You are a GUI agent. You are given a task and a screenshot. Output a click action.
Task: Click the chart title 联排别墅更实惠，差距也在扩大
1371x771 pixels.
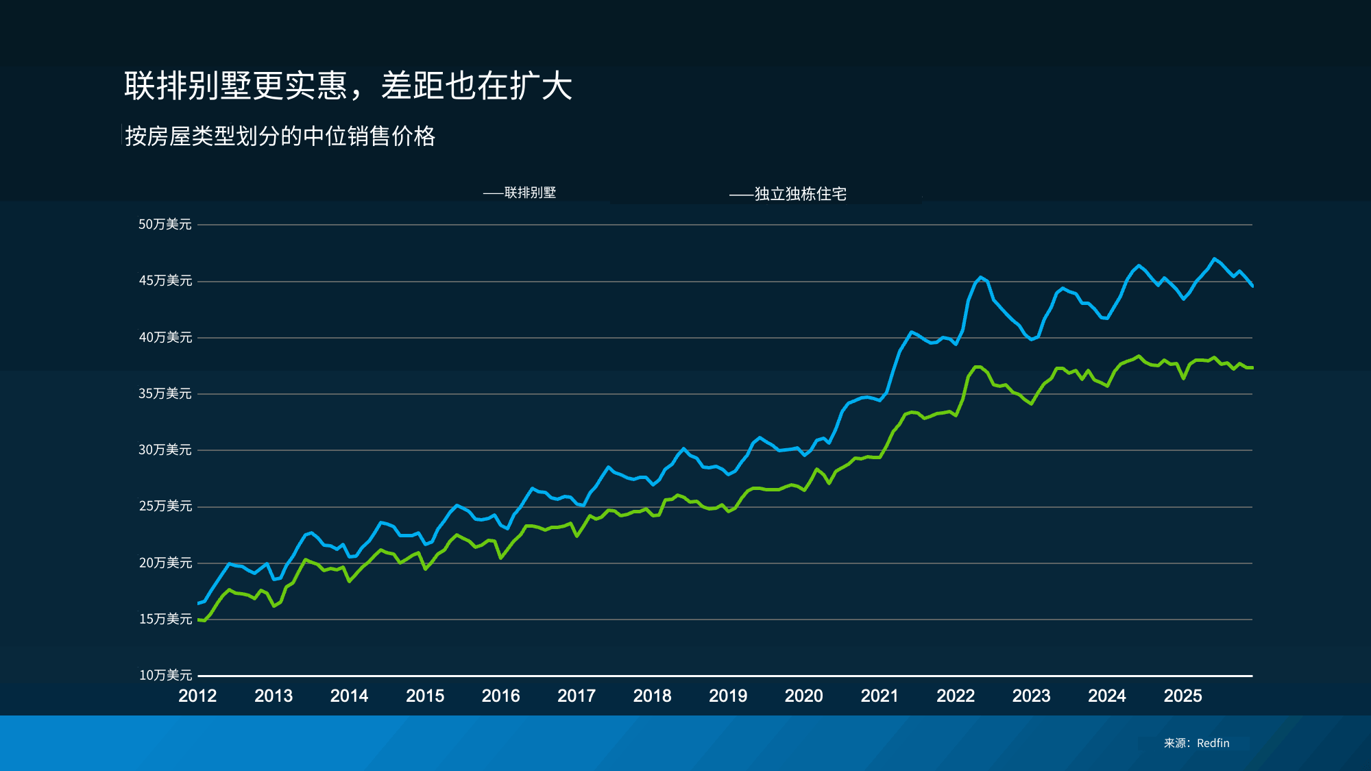348,86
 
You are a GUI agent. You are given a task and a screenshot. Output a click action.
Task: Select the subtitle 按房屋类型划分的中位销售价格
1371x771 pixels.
280,136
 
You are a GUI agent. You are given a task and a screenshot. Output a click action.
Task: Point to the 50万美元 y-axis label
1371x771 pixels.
165,225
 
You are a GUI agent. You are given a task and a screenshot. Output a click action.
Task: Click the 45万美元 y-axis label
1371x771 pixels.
165,281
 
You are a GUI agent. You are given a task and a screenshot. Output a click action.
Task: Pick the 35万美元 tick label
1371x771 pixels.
165,394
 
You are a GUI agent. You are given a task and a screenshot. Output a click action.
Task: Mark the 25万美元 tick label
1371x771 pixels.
165,506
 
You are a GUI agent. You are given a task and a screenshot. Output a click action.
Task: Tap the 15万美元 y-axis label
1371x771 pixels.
165,620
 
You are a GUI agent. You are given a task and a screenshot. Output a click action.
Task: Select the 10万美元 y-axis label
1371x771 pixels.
165,676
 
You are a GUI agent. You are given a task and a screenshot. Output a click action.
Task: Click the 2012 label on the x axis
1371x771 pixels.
197,696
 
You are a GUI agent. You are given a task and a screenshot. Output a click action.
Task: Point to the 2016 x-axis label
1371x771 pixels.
500,696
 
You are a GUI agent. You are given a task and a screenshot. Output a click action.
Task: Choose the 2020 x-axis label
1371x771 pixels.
803,696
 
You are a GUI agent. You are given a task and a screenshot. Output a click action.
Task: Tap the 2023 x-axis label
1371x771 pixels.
1031,696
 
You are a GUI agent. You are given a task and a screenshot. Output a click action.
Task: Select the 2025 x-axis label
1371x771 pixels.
1182,696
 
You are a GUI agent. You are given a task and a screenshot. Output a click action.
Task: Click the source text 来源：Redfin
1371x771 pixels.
1196,744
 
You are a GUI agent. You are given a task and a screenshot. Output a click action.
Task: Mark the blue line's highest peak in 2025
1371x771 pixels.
1214,259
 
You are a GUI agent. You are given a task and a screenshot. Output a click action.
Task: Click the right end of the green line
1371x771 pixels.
1252,368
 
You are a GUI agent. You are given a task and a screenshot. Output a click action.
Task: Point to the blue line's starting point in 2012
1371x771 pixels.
198,603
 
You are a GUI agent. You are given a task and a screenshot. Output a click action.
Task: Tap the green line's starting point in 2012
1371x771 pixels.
198,620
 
